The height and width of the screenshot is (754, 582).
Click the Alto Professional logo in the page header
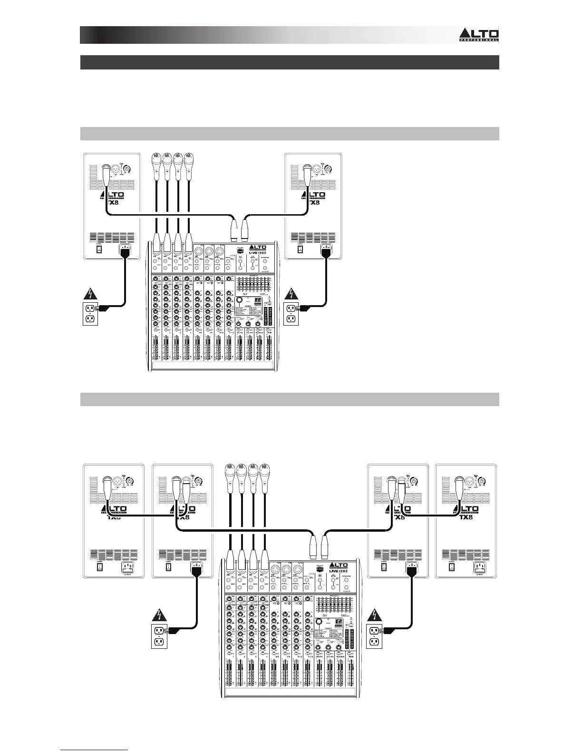click(x=478, y=35)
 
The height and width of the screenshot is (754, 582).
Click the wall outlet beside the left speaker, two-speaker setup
click(x=90, y=314)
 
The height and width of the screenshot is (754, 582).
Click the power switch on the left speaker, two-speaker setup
click(x=99, y=248)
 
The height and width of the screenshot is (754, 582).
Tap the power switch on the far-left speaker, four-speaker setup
click(x=99, y=567)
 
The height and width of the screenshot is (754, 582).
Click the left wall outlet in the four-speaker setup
click(x=158, y=636)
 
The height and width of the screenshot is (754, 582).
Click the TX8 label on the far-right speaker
click(x=468, y=517)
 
